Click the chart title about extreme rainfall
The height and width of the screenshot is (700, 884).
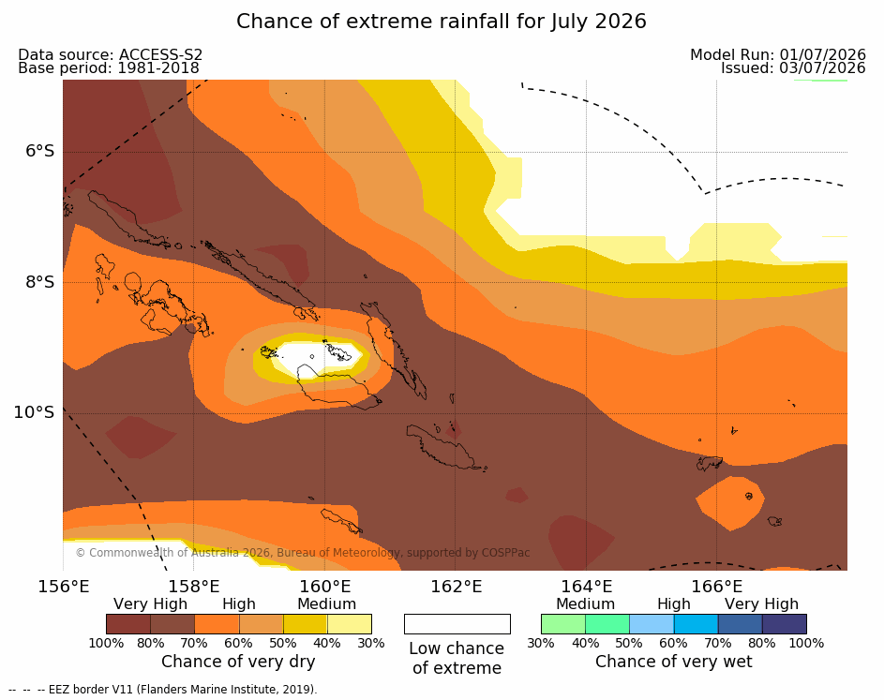point(441,22)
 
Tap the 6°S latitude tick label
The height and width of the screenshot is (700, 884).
point(39,151)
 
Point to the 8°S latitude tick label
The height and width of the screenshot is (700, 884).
point(39,282)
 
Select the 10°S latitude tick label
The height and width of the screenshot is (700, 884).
point(35,412)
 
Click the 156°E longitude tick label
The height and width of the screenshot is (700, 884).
point(64,587)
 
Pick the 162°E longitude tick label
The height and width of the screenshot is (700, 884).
point(457,587)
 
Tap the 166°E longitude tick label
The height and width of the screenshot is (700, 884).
point(717,587)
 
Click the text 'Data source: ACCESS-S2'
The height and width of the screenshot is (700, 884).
point(110,54)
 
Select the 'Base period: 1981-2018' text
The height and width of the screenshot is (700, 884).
point(108,68)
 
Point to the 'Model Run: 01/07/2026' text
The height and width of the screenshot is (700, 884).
point(778,54)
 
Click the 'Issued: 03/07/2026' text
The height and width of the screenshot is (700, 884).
point(793,68)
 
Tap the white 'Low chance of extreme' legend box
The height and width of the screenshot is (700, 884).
point(457,624)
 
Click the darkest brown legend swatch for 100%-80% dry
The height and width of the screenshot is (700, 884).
point(128,624)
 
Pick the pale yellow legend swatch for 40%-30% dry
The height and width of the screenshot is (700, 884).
point(350,624)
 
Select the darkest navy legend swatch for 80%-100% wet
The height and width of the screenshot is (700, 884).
point(785,624)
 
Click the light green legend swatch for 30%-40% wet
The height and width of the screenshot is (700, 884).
point(563,624)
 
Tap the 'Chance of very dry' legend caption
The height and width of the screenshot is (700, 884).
point(238,662)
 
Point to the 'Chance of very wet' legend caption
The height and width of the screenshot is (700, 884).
point(674,662)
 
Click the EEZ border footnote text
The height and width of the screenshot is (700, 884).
point(163,690)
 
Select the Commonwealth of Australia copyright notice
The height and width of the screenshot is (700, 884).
point(303,552)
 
